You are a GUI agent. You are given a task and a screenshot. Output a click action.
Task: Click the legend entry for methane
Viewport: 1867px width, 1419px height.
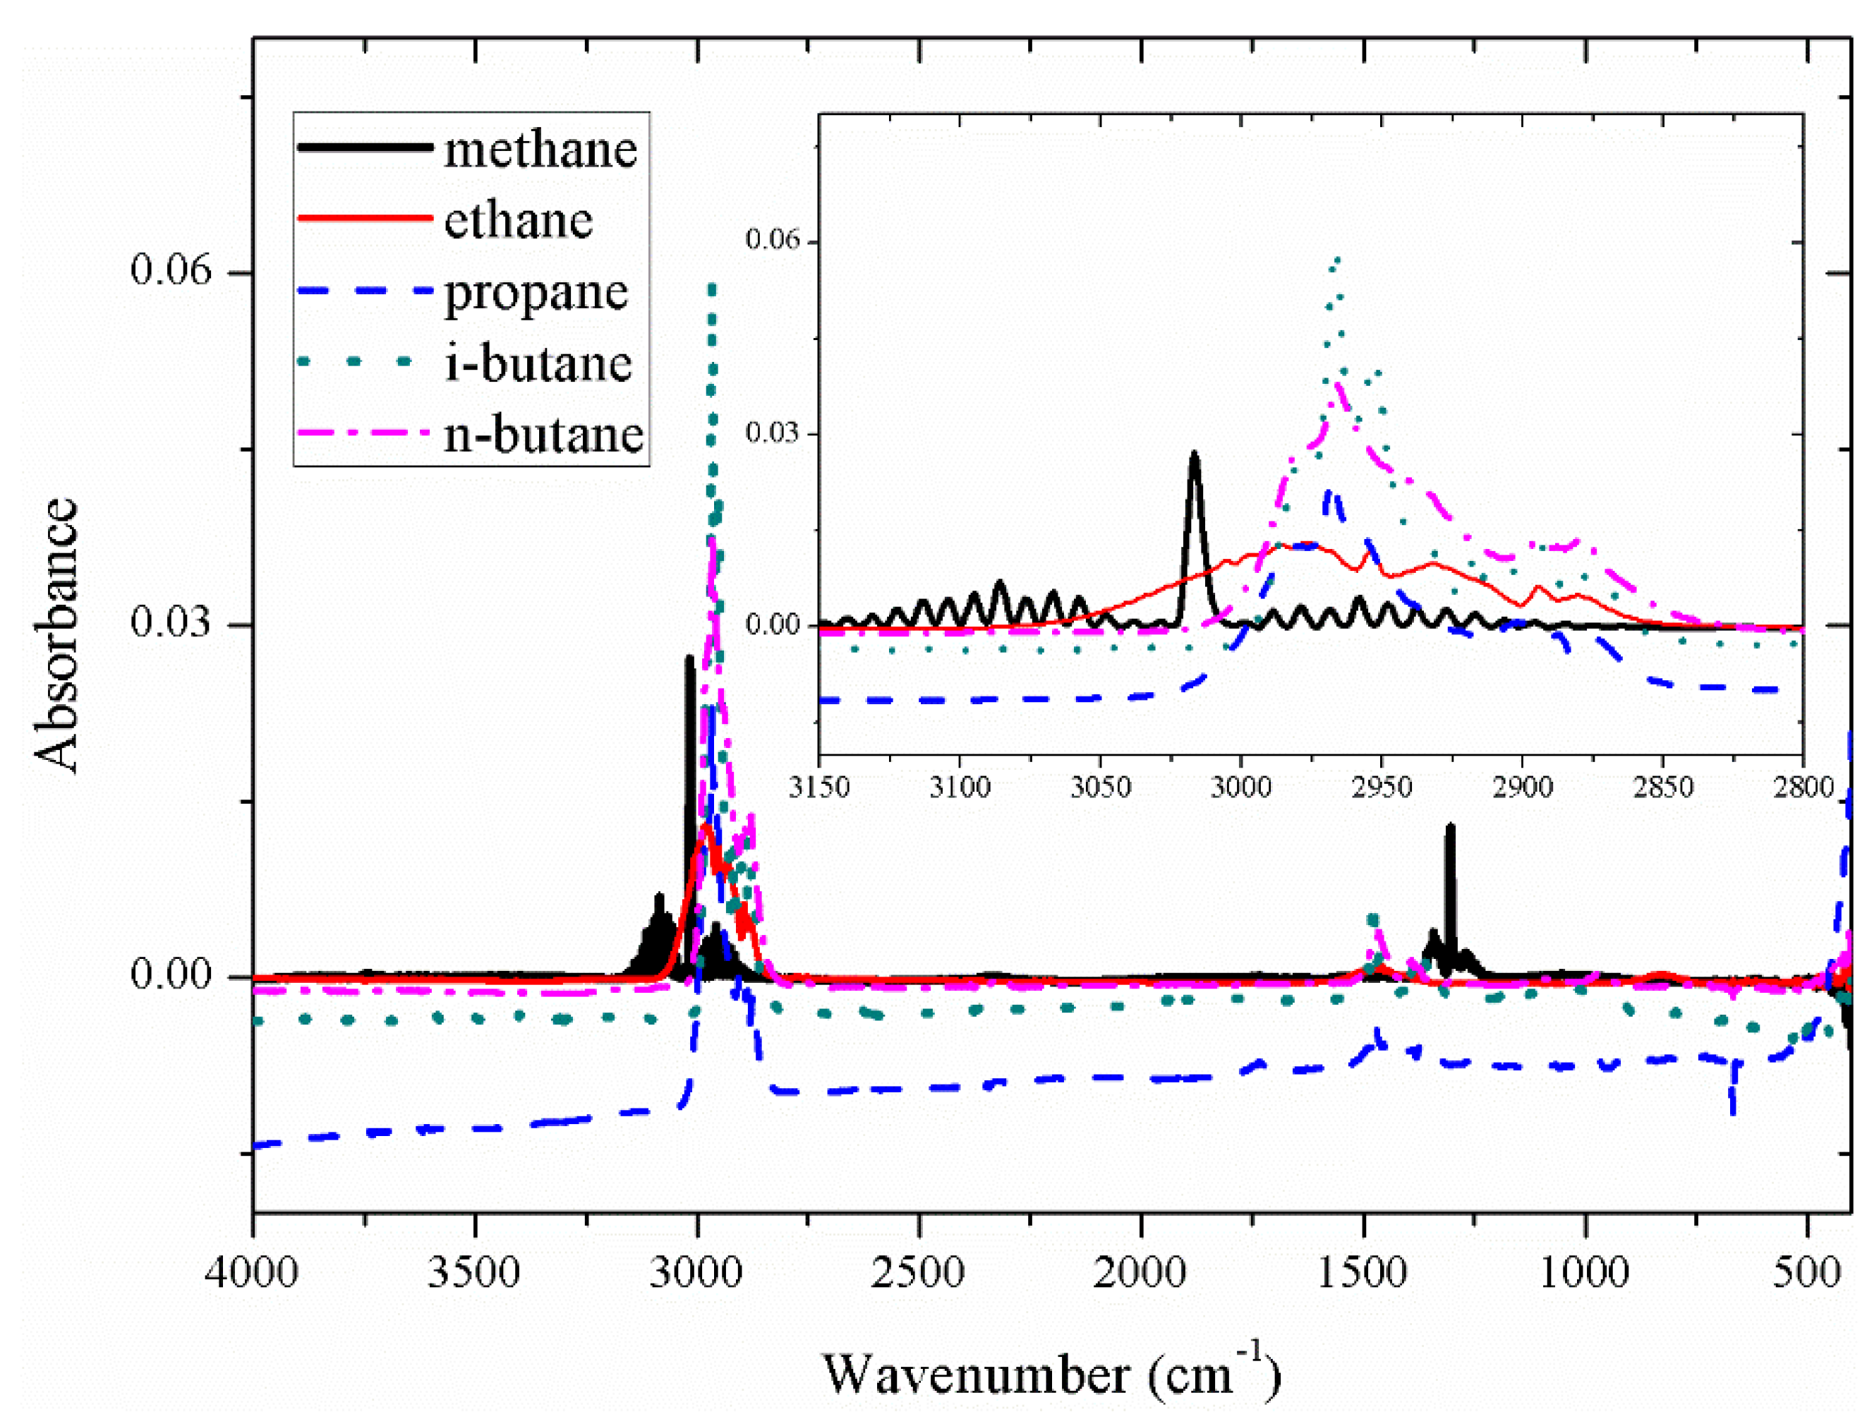[x=540, y=150]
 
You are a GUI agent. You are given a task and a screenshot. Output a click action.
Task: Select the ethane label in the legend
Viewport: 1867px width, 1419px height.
[x=519, y=222]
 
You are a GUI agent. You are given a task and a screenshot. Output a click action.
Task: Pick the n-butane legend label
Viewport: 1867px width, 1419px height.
[x=544, y=436]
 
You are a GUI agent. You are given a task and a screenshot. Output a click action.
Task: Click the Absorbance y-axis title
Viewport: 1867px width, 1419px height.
[x=57, y=635]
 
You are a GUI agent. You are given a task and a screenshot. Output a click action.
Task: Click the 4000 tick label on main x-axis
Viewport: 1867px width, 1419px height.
[x=252, y=1272]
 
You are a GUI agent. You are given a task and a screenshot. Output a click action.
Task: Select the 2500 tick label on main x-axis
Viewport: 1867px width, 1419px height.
[x=919, y=1272]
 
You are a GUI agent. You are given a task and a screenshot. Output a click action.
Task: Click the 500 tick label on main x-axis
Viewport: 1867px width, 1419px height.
[x=1807, y=1272]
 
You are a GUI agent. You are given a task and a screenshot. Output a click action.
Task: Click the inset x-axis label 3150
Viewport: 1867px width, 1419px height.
[x=819, y=787]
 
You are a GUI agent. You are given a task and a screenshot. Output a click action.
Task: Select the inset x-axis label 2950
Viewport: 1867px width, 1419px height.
[x=1382, y=787]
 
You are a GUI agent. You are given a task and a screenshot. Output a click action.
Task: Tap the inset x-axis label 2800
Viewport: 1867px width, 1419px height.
[x=1802, y=787]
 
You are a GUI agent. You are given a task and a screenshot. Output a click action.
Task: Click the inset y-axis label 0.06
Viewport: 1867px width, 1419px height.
[x=772, y=240]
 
